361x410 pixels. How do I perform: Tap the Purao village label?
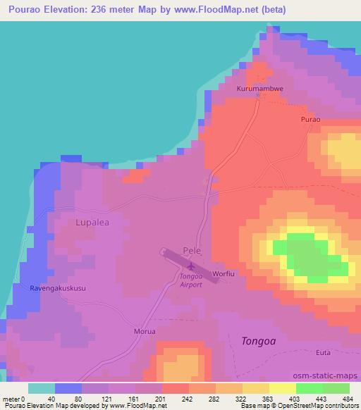pyautogui.click(x=310, y=120)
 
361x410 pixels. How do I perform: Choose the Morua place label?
pyautogui.click(x=144, y=330)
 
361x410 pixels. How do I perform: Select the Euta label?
pyautogui.click(x=324, y=351)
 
